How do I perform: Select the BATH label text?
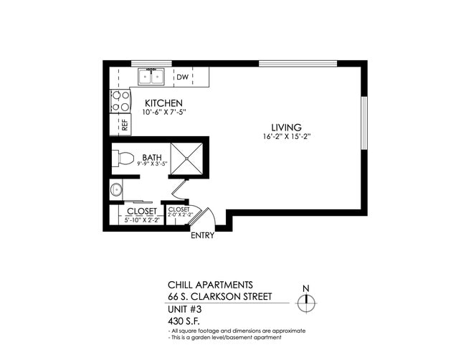coord(151,157)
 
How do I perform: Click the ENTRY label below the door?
coord(201,236)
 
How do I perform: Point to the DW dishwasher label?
coord(182,77)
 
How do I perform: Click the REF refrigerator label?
coord(124,123)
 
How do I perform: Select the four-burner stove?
coord(120,100)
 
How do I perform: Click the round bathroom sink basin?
coord(117,191)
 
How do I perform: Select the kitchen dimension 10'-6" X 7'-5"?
coord(164,113)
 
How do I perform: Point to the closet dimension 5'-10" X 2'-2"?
coord(141,219)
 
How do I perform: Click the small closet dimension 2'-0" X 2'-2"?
coord(179,214)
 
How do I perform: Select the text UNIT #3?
coord(182,309)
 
